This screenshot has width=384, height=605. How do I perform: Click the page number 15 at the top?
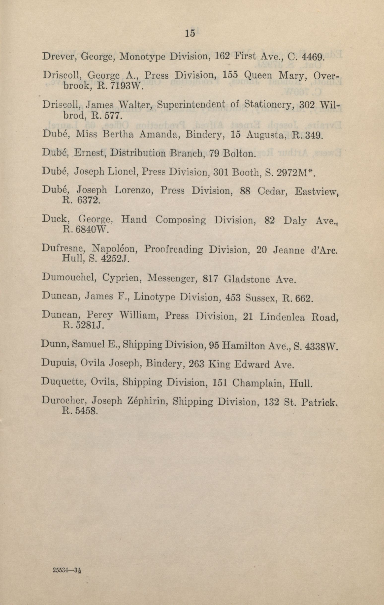[190, 33]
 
